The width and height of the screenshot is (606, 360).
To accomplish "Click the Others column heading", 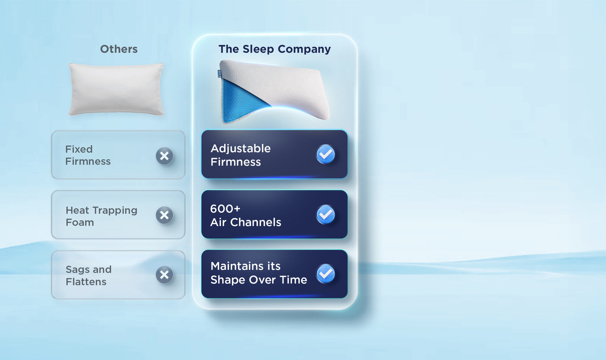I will click(119, 49).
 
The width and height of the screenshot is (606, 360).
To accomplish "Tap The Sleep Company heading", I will click(274, 49).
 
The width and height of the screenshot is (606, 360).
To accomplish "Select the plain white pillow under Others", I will click(116, 89).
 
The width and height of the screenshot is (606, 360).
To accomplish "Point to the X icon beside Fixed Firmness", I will click(164, 156).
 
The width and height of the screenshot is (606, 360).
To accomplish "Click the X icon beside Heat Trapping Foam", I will click(164, 215).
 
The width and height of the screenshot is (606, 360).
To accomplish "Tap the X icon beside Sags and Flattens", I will click(164, 275).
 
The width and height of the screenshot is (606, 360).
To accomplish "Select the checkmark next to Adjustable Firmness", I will click(326, 154).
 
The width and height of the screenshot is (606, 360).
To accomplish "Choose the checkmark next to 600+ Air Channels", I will click(326, 214).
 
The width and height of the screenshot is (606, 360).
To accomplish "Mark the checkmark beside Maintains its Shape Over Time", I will click(326, 273).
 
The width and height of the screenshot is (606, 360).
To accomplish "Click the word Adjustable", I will click(240, 149).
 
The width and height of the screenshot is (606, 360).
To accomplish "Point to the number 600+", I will click(225, 209).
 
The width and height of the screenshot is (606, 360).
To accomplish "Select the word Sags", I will click(77, 269).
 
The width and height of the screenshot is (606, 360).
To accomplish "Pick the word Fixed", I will click(79, 149).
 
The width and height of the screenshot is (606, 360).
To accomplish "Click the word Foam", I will click(80, 222).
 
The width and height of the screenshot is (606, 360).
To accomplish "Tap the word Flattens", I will click(86, 282).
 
